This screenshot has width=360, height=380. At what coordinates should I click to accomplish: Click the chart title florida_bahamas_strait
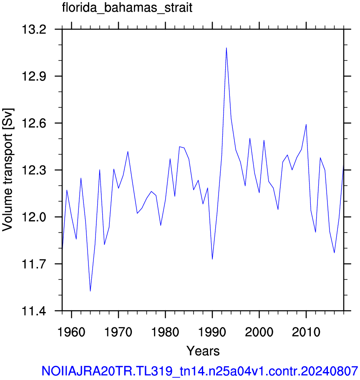127,8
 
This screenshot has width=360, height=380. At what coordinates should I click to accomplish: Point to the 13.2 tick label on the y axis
34,30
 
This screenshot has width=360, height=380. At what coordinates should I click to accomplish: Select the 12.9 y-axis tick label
34,76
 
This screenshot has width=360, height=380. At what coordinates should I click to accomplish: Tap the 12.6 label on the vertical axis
34,123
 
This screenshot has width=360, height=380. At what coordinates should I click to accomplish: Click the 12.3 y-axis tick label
34,170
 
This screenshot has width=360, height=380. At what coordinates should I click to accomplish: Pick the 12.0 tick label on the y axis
34,217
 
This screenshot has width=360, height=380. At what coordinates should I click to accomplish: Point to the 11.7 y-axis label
34,264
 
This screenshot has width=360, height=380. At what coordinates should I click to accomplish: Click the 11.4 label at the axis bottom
34,311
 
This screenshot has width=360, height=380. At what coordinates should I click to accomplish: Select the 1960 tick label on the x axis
71,332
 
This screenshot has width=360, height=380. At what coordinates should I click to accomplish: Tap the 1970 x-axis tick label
118,332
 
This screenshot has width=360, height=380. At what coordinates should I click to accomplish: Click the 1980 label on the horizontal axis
165,332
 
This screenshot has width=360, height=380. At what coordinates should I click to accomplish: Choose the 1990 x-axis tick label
212,332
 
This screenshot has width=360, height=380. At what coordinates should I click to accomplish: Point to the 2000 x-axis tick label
259,332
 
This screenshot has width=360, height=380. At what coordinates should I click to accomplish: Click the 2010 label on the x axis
306,332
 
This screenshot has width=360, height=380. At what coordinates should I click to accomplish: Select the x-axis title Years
203,351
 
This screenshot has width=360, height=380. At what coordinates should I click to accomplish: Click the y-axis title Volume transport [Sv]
8,170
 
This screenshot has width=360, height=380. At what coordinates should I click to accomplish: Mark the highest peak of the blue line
226,48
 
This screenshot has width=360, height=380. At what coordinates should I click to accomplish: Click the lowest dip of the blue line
90,291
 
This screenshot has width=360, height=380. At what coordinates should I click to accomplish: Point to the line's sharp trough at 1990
212,259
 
